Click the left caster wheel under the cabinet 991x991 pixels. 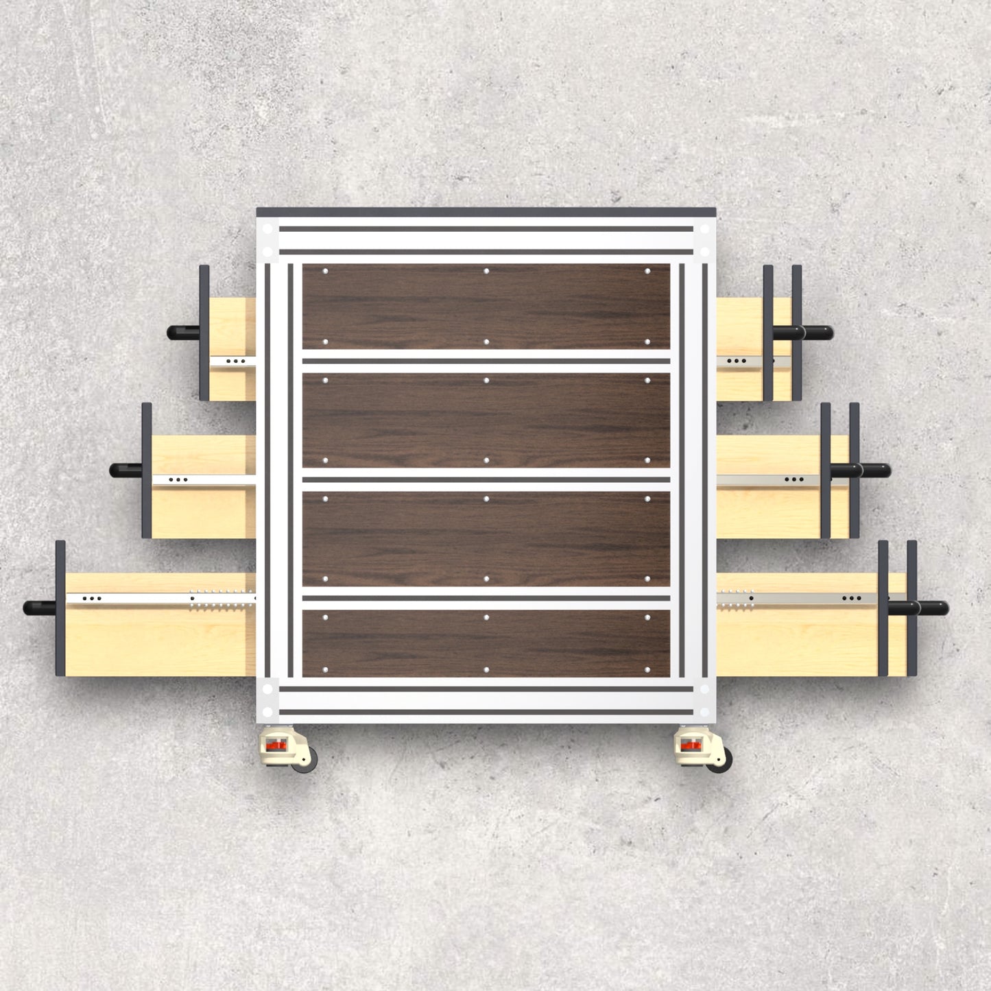click(305, 760)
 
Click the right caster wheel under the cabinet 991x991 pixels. click(718, 760)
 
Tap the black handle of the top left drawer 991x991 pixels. click(182, 333)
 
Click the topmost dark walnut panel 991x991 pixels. click(486, 307)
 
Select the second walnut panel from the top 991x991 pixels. click(486, 420)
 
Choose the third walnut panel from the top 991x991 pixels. click(486, 538)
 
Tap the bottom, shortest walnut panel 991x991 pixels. click(486, 643)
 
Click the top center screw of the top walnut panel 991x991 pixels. click(486, 272)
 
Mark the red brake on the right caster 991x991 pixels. click(689, 745)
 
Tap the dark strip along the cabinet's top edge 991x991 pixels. click(486, 213)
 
